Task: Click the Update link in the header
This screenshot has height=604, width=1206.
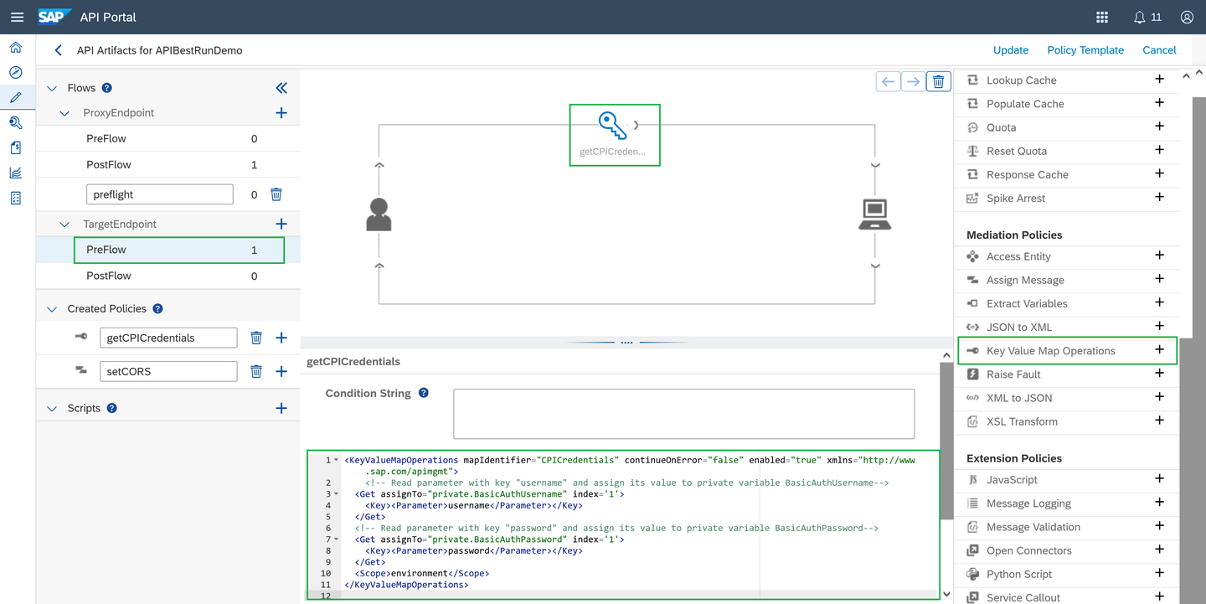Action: pyautogui.click(x=1011, y=50)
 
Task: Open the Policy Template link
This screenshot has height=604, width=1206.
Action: pyautogui.click(x=1085, y=50)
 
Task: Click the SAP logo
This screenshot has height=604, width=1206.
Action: pyautogui.click(x=54, y=17)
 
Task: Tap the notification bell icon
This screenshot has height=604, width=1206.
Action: pyautogui.click(x=1139, y=18)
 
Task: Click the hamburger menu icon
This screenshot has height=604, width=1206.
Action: pyautogui.click(x=18, y=18)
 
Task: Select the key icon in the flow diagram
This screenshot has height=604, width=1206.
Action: pyautogui.click(x=612, y=125)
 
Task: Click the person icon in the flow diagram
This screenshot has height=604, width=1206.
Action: pyautogui.click(x=379, y=214)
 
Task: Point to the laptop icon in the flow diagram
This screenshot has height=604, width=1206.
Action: pyautogui.click(x=874, y=214)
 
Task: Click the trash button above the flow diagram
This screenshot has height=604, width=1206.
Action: pyautogui.click(x=938, y=82)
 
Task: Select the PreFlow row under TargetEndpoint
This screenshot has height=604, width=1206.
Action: pyautogui.click(x=178, y=250)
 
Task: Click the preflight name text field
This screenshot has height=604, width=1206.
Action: pyautogui.click(x=159, y=194)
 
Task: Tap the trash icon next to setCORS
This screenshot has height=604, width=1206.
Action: pyautogui.click(x=256, y=371)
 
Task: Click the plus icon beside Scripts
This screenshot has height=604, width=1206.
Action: pyautogui.click(x=281, y=408)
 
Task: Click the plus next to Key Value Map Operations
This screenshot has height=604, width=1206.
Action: pyautogui.click(x=1160, y=349)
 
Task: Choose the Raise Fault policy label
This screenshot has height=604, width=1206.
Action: pyautogui.click(x=1013, y=374)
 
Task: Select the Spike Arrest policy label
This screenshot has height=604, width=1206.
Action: pyautogui.click(x=1015, y=198)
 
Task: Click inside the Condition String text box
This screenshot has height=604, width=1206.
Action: pyautogui.click(x=683, y=414)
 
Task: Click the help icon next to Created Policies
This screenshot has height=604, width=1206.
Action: pyautogui.click(x=157, y=308)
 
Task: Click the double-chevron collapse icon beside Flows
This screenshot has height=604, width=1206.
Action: pyautogui.click(x=281, y=88)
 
